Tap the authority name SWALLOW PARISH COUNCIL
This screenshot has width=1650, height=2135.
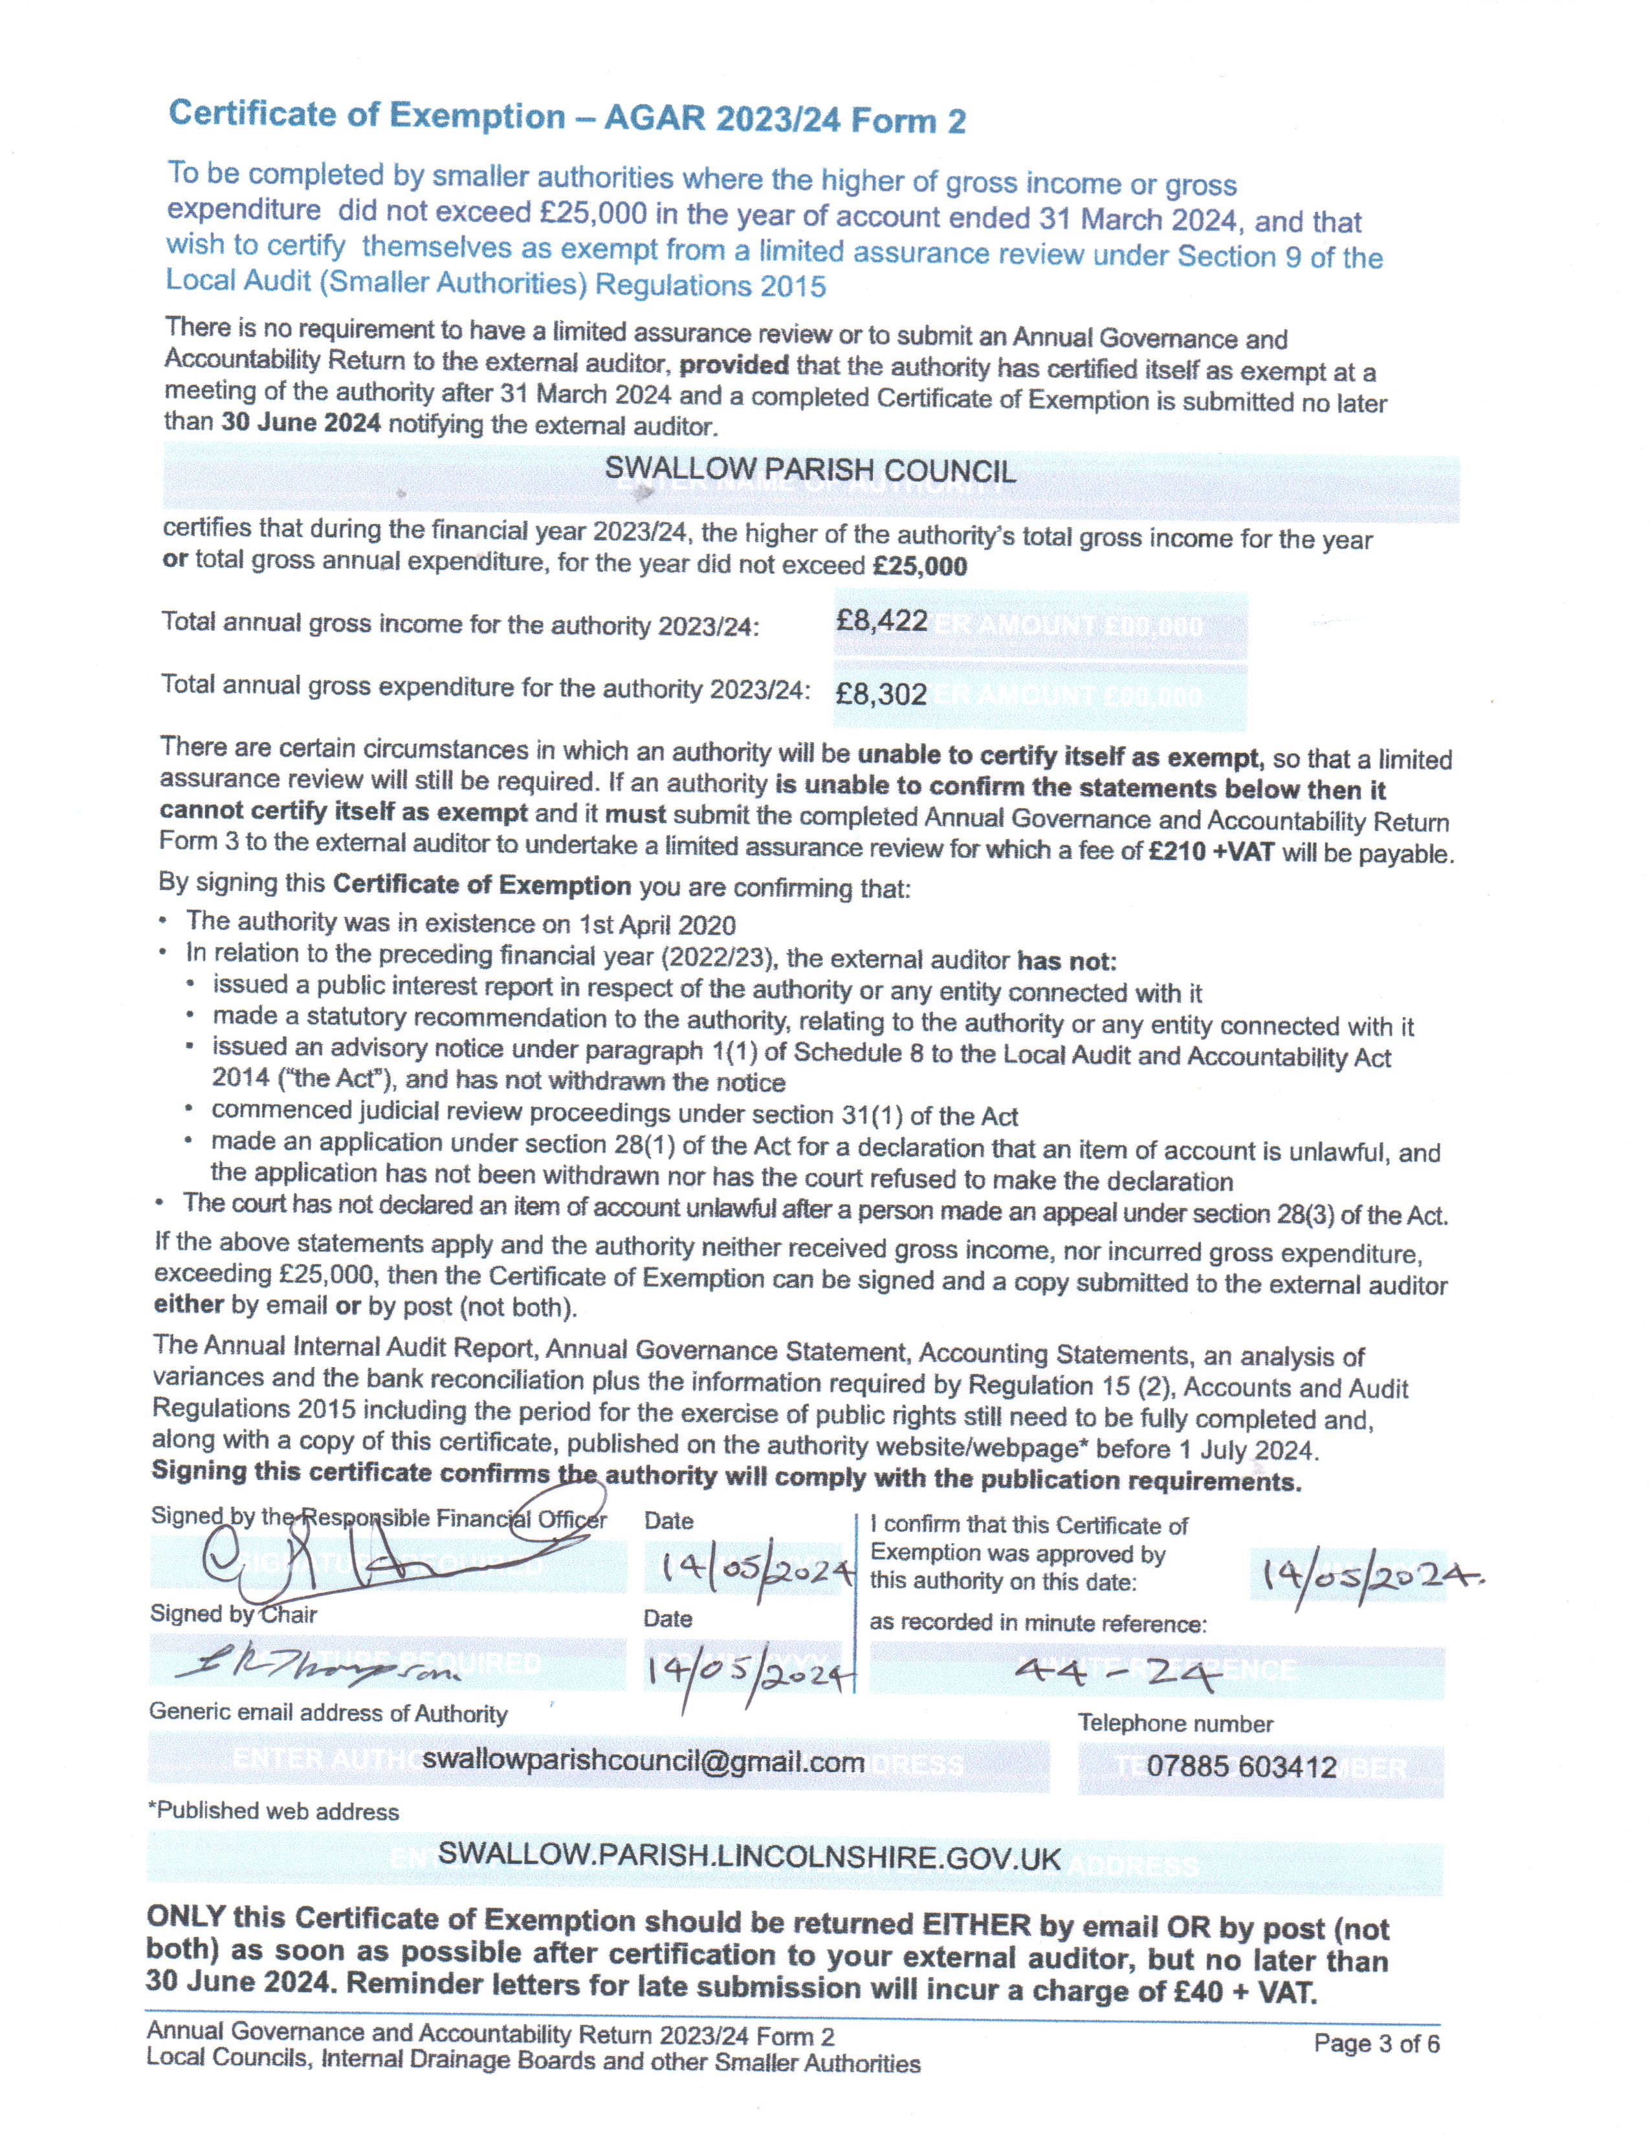(810, 470)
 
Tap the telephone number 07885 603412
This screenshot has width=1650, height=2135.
(1242, 1766)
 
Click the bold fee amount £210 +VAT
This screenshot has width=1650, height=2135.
(1211, 851)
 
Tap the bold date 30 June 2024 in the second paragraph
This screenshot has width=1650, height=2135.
(301, 423)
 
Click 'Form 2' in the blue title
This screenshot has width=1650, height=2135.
(908, 121)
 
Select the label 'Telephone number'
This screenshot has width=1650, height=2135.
(1175, 1724)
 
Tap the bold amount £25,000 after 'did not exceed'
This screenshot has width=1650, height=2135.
(920, 566)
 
